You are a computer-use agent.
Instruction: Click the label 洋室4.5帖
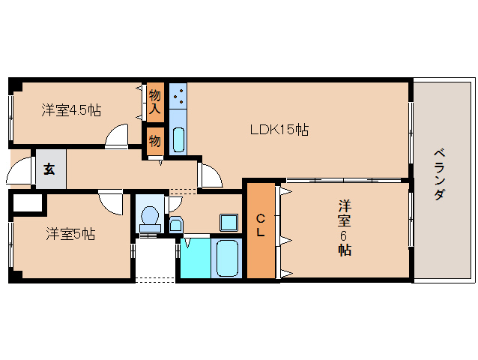click(x=71, y=110)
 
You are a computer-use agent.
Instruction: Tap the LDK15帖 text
click(x=279, y=130)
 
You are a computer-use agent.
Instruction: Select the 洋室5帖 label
click(x=70, y=234)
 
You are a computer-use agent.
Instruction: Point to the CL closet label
click(x=261, y=225)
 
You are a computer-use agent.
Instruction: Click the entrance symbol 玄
click(x=49, y=169)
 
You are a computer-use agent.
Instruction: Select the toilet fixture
click(x=150, y=216)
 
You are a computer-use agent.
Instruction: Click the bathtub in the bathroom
click(x=226, y=258)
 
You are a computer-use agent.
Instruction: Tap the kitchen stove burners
click(x=178, y=97)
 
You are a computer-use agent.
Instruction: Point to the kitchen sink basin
click(x=178, y=139)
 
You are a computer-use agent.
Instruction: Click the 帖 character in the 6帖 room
click(x=344, y=250)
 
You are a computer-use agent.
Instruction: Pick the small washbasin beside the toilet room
click(x=175, y=224)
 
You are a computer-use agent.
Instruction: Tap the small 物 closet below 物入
click(x=154, y=140)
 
